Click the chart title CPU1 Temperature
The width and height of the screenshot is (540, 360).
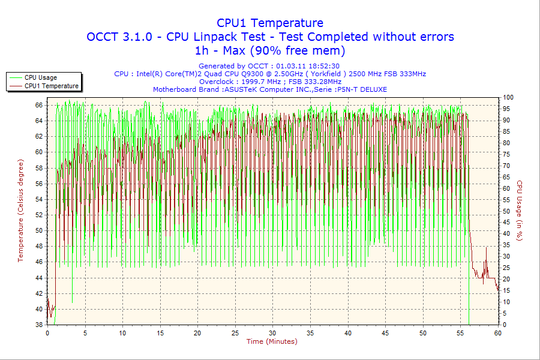pos(270,23)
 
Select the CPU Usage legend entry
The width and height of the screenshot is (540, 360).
pos(41,77)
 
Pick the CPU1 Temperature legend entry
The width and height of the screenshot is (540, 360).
pos(51,86)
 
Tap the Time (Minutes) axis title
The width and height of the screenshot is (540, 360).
pos(272,341)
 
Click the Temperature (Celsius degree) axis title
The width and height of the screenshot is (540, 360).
pos(20,211)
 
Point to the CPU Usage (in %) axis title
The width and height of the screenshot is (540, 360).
pos(520,211)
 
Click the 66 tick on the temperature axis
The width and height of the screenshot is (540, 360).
pos(38,105)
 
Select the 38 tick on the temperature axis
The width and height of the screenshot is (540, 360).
pos(38,325)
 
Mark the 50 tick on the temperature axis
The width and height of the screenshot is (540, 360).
pos(38,230)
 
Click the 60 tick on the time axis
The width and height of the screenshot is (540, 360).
pos(497,333)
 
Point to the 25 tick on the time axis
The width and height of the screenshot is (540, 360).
pos(235,333)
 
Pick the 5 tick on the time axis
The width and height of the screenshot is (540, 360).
pos(85,333)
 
